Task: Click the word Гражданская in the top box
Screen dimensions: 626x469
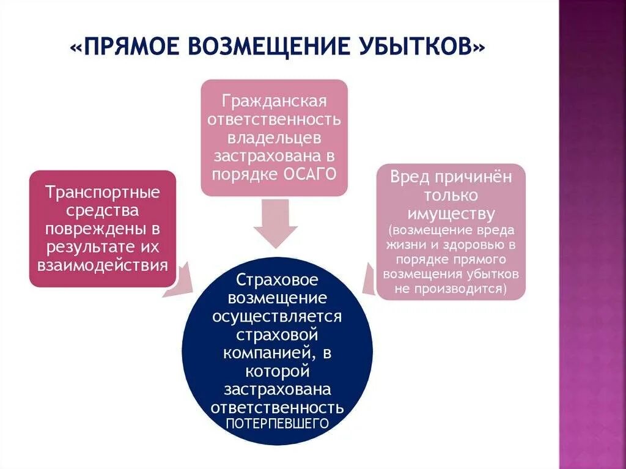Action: tap(274, 100)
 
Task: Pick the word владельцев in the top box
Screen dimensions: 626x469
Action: tap(274, 136)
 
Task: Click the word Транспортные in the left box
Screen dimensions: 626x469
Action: tap(103, 193)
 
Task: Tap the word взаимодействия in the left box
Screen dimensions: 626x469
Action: tap(103, 265)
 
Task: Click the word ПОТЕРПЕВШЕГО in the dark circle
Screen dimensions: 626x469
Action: tap(277, 423)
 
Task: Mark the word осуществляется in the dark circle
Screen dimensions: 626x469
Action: tap(277, 317)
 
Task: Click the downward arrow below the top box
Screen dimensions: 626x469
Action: tap(276, 223)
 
